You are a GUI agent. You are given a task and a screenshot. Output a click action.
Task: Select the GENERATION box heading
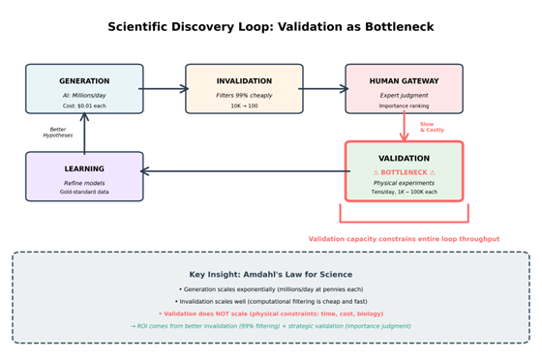[x=84, y=81]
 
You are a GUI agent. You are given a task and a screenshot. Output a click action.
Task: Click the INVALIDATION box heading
[x=244, y=81]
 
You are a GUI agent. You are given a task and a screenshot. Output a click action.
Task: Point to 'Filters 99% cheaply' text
[x=244, y=95]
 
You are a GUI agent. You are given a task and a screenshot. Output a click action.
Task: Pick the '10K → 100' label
[x=244, y=105]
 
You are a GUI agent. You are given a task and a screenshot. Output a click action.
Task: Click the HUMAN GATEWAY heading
[x=404, y=81]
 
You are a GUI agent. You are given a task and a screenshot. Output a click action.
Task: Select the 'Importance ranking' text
[x=404, y=105]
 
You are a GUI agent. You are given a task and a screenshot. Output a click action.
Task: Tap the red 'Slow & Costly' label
[x=427, y=127]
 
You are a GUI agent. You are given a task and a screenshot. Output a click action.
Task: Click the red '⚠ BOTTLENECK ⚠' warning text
[x=405, y=171]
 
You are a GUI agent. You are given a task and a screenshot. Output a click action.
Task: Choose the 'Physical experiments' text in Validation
[x=405, y=182]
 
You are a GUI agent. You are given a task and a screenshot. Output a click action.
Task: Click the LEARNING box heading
[x=84, y=168]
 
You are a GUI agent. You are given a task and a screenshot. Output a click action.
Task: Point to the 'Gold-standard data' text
[x=84, y=192]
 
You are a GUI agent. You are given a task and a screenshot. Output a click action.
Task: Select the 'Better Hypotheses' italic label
[x=57, y=133]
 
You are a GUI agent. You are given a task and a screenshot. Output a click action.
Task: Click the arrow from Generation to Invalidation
[x=164, y=89]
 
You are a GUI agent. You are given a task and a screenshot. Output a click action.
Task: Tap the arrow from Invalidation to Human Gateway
[x=323, y=89]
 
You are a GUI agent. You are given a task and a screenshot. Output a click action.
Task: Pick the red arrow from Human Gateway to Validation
[x=405, y=127]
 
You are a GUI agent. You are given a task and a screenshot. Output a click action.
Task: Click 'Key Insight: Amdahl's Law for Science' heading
[x=271, y=275]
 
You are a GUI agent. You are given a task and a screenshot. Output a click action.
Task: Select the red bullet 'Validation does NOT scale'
[x=271, y=314]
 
